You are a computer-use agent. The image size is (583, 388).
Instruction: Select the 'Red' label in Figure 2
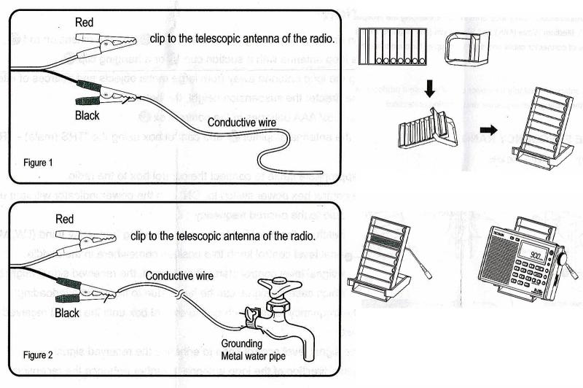click(x=66, y=219)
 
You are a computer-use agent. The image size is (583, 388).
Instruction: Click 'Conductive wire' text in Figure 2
click(x=180, y=275)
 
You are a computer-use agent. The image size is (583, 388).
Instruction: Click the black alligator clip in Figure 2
click(x=80, y=291)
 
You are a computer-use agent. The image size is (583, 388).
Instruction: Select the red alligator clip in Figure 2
click(x=80, y=241)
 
